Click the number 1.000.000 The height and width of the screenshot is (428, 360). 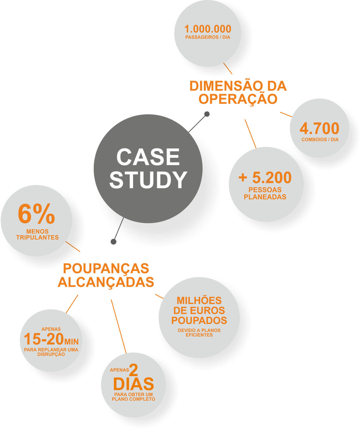208,29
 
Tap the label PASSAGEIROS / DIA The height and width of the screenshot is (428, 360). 208,37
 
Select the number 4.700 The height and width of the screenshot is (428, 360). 319,129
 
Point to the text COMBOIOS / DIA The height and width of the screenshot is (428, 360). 320,140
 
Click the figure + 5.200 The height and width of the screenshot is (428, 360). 265,178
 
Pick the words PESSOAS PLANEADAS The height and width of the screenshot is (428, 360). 265,193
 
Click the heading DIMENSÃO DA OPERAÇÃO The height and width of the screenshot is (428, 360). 238,92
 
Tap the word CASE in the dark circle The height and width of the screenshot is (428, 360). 148,157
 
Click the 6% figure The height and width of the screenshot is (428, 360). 36,215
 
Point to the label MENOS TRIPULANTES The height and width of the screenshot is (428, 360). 37,234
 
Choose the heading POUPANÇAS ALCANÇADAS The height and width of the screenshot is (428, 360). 106,275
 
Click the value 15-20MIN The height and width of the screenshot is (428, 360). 51,339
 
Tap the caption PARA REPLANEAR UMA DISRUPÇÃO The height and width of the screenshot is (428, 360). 51,352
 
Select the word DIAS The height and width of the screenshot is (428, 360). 133,384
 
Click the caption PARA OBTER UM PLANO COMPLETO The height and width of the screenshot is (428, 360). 133,397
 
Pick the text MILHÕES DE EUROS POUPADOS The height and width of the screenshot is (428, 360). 199,310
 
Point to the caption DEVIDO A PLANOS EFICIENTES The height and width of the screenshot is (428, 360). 199,332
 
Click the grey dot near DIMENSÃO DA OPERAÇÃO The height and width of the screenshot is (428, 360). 207,114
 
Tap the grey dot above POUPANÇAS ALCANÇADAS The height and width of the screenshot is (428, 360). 114,241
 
